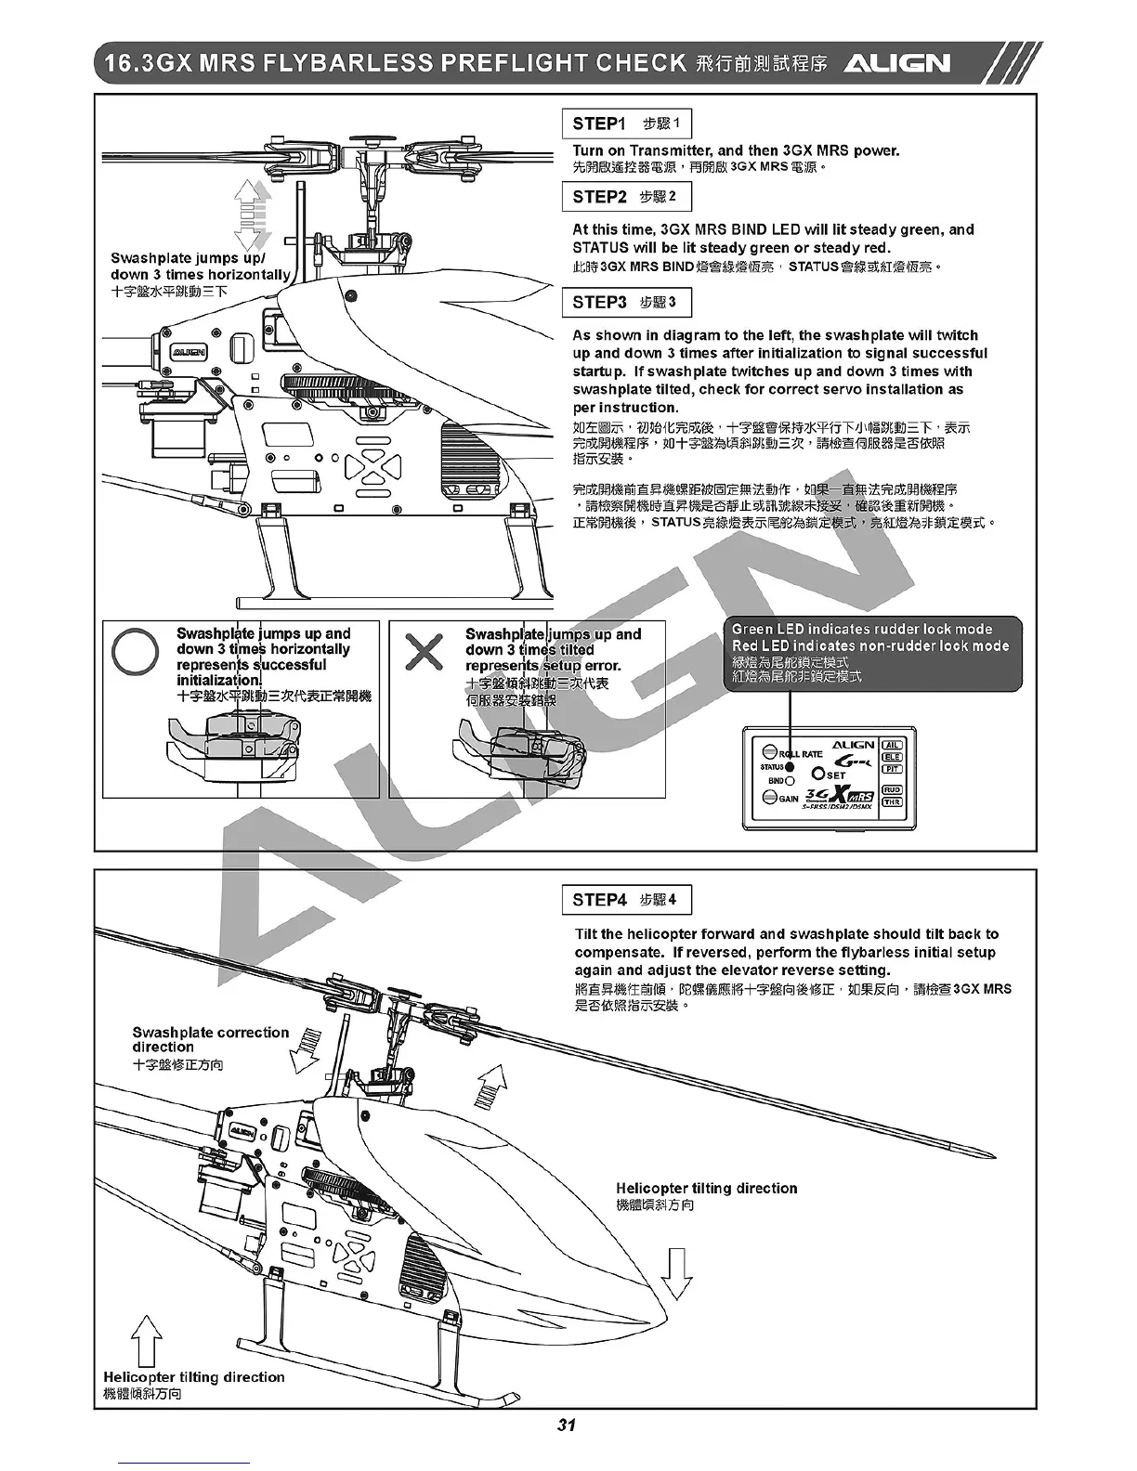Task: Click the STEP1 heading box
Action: point(626,124)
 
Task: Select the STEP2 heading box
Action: point(626,197)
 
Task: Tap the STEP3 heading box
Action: point(626,303)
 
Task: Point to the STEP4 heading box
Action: point(626,900)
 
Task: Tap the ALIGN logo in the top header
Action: point(896,63)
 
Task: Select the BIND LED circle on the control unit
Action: point(790,781)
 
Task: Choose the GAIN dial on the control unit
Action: point(770,798)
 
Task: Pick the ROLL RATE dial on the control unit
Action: point(770,753)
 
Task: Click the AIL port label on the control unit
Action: point(892,745)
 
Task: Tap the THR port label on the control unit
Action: point(892,801)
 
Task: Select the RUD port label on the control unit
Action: point(892,790)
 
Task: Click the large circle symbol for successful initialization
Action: point(136,652)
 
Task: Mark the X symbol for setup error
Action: point(425,652)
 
